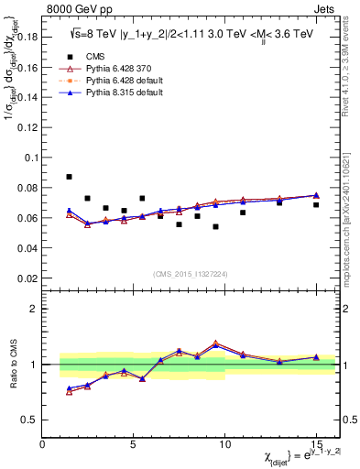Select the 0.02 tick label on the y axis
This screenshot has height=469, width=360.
click(x=27, y=278)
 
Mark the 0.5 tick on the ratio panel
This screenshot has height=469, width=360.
click(x=30, y=420)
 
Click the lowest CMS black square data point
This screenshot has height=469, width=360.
click(x=215, y=226)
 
